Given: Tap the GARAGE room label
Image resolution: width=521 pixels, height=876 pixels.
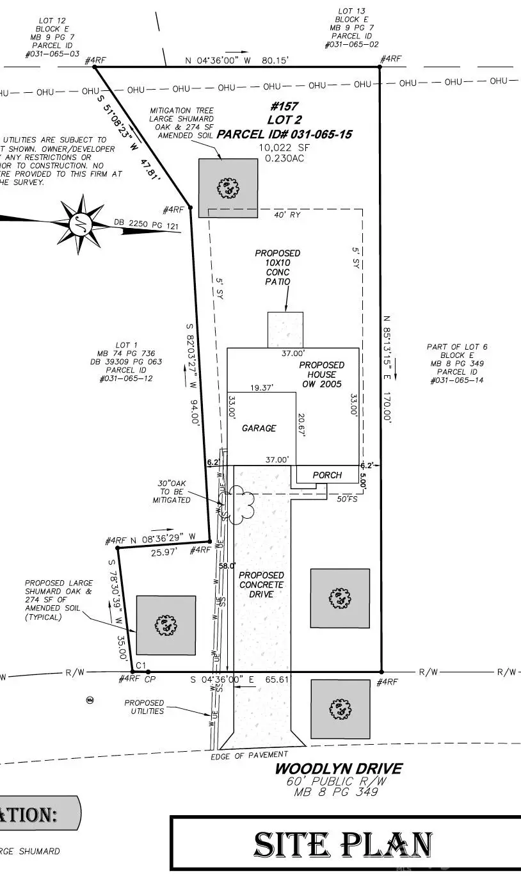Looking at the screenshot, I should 259,428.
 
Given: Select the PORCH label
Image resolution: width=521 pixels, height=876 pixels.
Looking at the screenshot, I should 327,475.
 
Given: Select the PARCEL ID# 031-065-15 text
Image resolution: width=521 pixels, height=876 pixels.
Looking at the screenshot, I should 284,134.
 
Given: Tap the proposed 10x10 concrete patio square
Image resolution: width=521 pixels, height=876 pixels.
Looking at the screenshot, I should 285,330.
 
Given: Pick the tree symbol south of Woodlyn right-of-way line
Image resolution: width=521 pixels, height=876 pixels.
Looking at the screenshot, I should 340,709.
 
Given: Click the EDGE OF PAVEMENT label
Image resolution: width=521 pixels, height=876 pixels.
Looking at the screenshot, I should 249,756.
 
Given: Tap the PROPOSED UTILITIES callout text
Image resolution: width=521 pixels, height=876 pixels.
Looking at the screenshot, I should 144,707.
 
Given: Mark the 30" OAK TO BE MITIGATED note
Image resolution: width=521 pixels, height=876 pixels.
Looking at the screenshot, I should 171,491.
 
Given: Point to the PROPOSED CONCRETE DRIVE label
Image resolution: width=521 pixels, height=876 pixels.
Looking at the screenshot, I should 261,585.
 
